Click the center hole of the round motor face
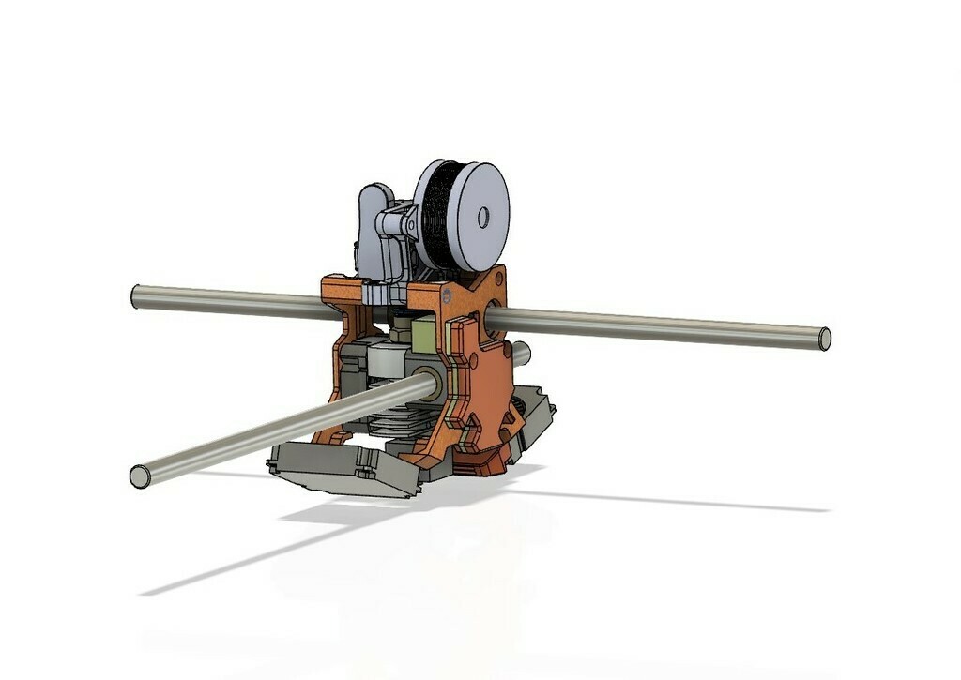(x=483, y=218)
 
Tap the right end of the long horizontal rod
(x=824, y=339)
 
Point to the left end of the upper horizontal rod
(x=136, y=296)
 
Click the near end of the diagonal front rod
(x=140, y=476)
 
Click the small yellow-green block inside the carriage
(x=424, y=332)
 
